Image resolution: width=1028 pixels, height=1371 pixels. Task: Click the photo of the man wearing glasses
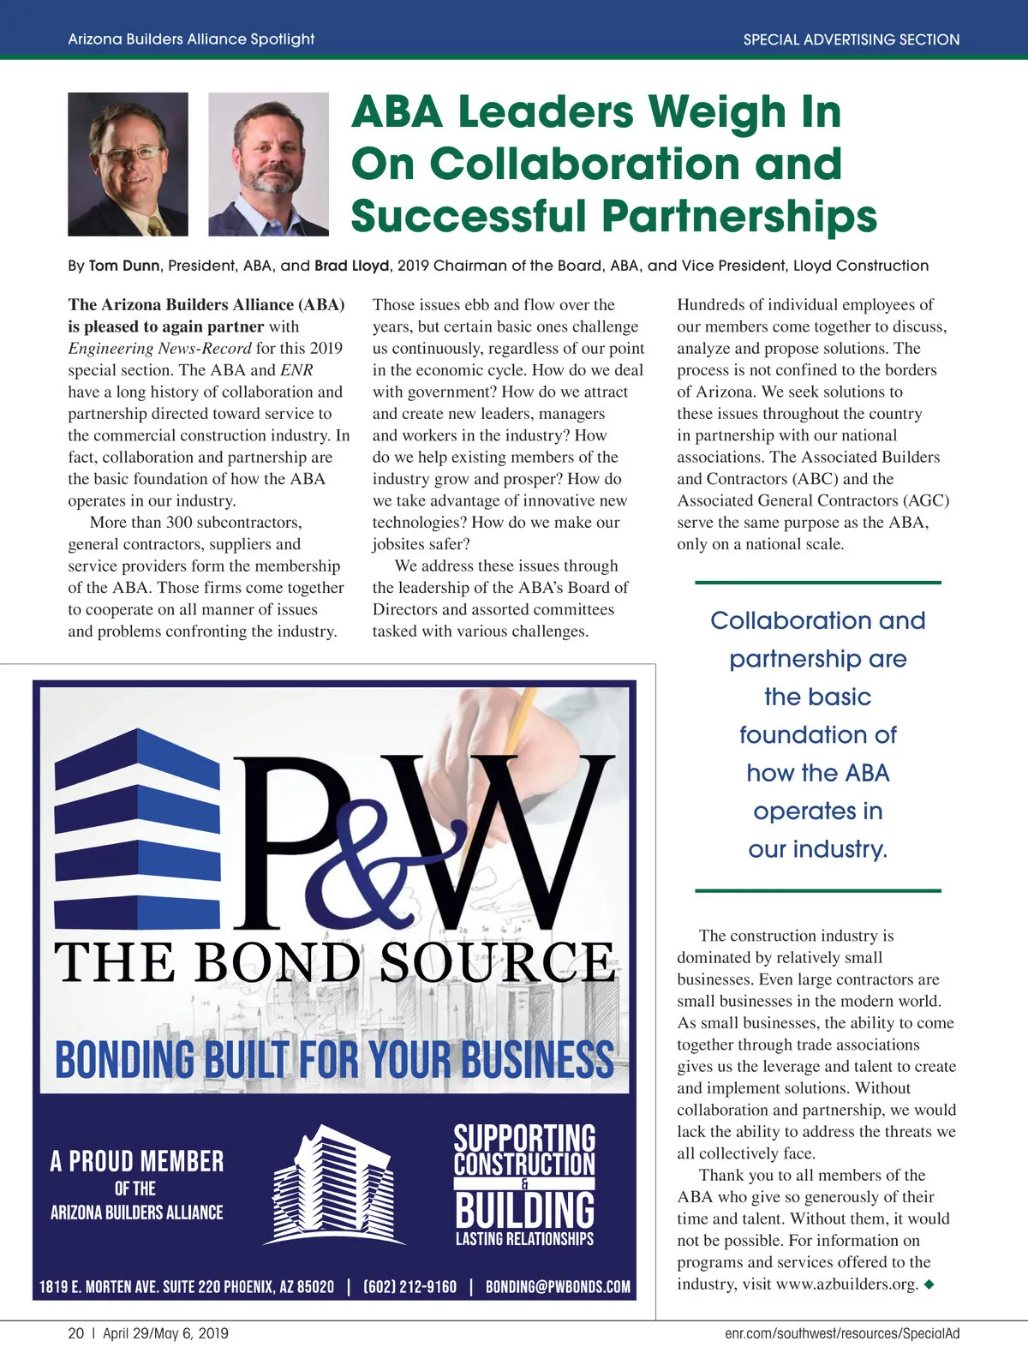(128, 164)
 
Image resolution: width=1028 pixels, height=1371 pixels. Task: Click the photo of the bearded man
(268, 164)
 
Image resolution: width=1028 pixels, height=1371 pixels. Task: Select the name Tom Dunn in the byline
(124, 266)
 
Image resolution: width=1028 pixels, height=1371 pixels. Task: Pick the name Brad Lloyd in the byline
(352, 266)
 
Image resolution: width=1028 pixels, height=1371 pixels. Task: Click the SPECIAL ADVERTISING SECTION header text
(851, 39)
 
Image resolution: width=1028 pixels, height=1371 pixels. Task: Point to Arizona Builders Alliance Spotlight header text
(191, 39)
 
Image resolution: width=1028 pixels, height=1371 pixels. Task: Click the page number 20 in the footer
(76, 1333)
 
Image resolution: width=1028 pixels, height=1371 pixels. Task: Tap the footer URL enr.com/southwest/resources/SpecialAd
(841, 1333)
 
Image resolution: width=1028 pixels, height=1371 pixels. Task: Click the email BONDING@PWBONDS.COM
(557, 1287)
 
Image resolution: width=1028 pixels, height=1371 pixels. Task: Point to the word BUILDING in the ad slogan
(524, 1209)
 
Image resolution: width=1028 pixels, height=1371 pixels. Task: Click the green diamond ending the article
(929, 1284)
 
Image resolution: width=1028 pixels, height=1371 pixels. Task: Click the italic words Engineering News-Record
(159, 348)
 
